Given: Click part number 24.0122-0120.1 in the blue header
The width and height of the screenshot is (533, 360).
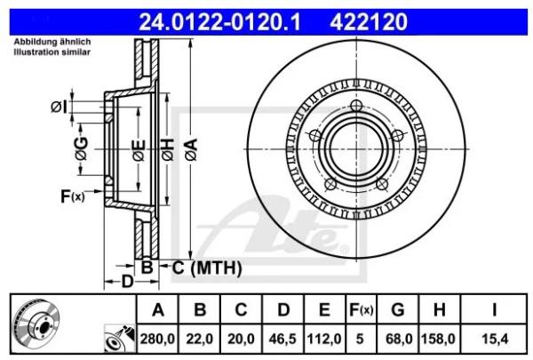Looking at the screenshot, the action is tap(219, 22).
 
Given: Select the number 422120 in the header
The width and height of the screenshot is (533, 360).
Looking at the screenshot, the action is tap(369, 22).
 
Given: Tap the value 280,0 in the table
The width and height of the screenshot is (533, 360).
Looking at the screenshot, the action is tap(157, 339).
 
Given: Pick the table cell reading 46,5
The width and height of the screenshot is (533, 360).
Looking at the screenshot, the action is tap(282, 339).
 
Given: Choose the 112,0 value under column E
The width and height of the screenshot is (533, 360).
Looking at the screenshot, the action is tap(324, 339).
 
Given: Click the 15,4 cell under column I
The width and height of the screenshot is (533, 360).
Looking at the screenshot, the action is tap(495, 339).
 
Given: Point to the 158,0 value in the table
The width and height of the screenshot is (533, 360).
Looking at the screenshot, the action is tap(438, 339).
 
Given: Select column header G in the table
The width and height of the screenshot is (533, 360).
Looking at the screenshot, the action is tap(398, 309).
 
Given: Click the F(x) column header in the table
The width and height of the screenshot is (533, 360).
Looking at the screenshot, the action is tap(361, 309).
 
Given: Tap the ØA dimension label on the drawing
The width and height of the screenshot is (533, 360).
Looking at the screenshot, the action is tap(191, 149).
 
